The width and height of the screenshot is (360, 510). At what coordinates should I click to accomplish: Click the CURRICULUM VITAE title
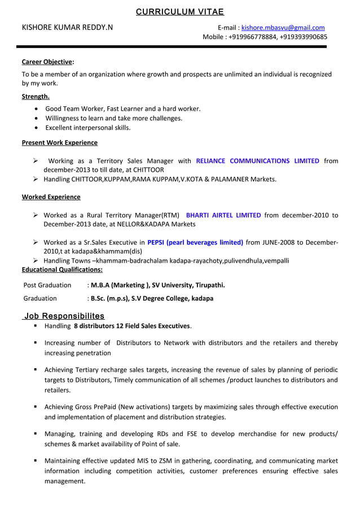click(x=180, y=12)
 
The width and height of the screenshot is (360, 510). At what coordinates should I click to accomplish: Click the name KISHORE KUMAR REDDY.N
click(x=67, y=28)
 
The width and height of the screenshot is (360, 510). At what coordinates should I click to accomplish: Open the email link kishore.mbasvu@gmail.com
click(x=283, y=28)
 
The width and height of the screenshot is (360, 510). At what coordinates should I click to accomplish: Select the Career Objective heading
click(x=47, y=62)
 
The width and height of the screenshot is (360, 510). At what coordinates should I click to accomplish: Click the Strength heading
click(x=36, y=97)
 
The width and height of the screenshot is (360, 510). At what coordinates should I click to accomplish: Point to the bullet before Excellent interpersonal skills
click(x=37, y=128)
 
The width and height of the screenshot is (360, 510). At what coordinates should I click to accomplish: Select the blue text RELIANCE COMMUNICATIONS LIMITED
click(x=257, y=161)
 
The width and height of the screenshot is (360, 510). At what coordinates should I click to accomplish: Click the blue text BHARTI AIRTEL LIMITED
click(x=223, y=215)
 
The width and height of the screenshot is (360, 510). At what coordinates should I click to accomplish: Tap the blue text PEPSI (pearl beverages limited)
click(x=195, y=243)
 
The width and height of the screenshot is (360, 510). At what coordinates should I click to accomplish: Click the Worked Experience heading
click(x=51, y=197)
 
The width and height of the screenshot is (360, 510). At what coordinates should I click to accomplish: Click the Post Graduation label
click(x=47, y=285)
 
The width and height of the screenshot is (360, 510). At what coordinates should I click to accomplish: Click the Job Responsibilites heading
click(x=64, y=316)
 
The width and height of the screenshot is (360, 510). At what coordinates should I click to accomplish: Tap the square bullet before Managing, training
click(x=35, y=434)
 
